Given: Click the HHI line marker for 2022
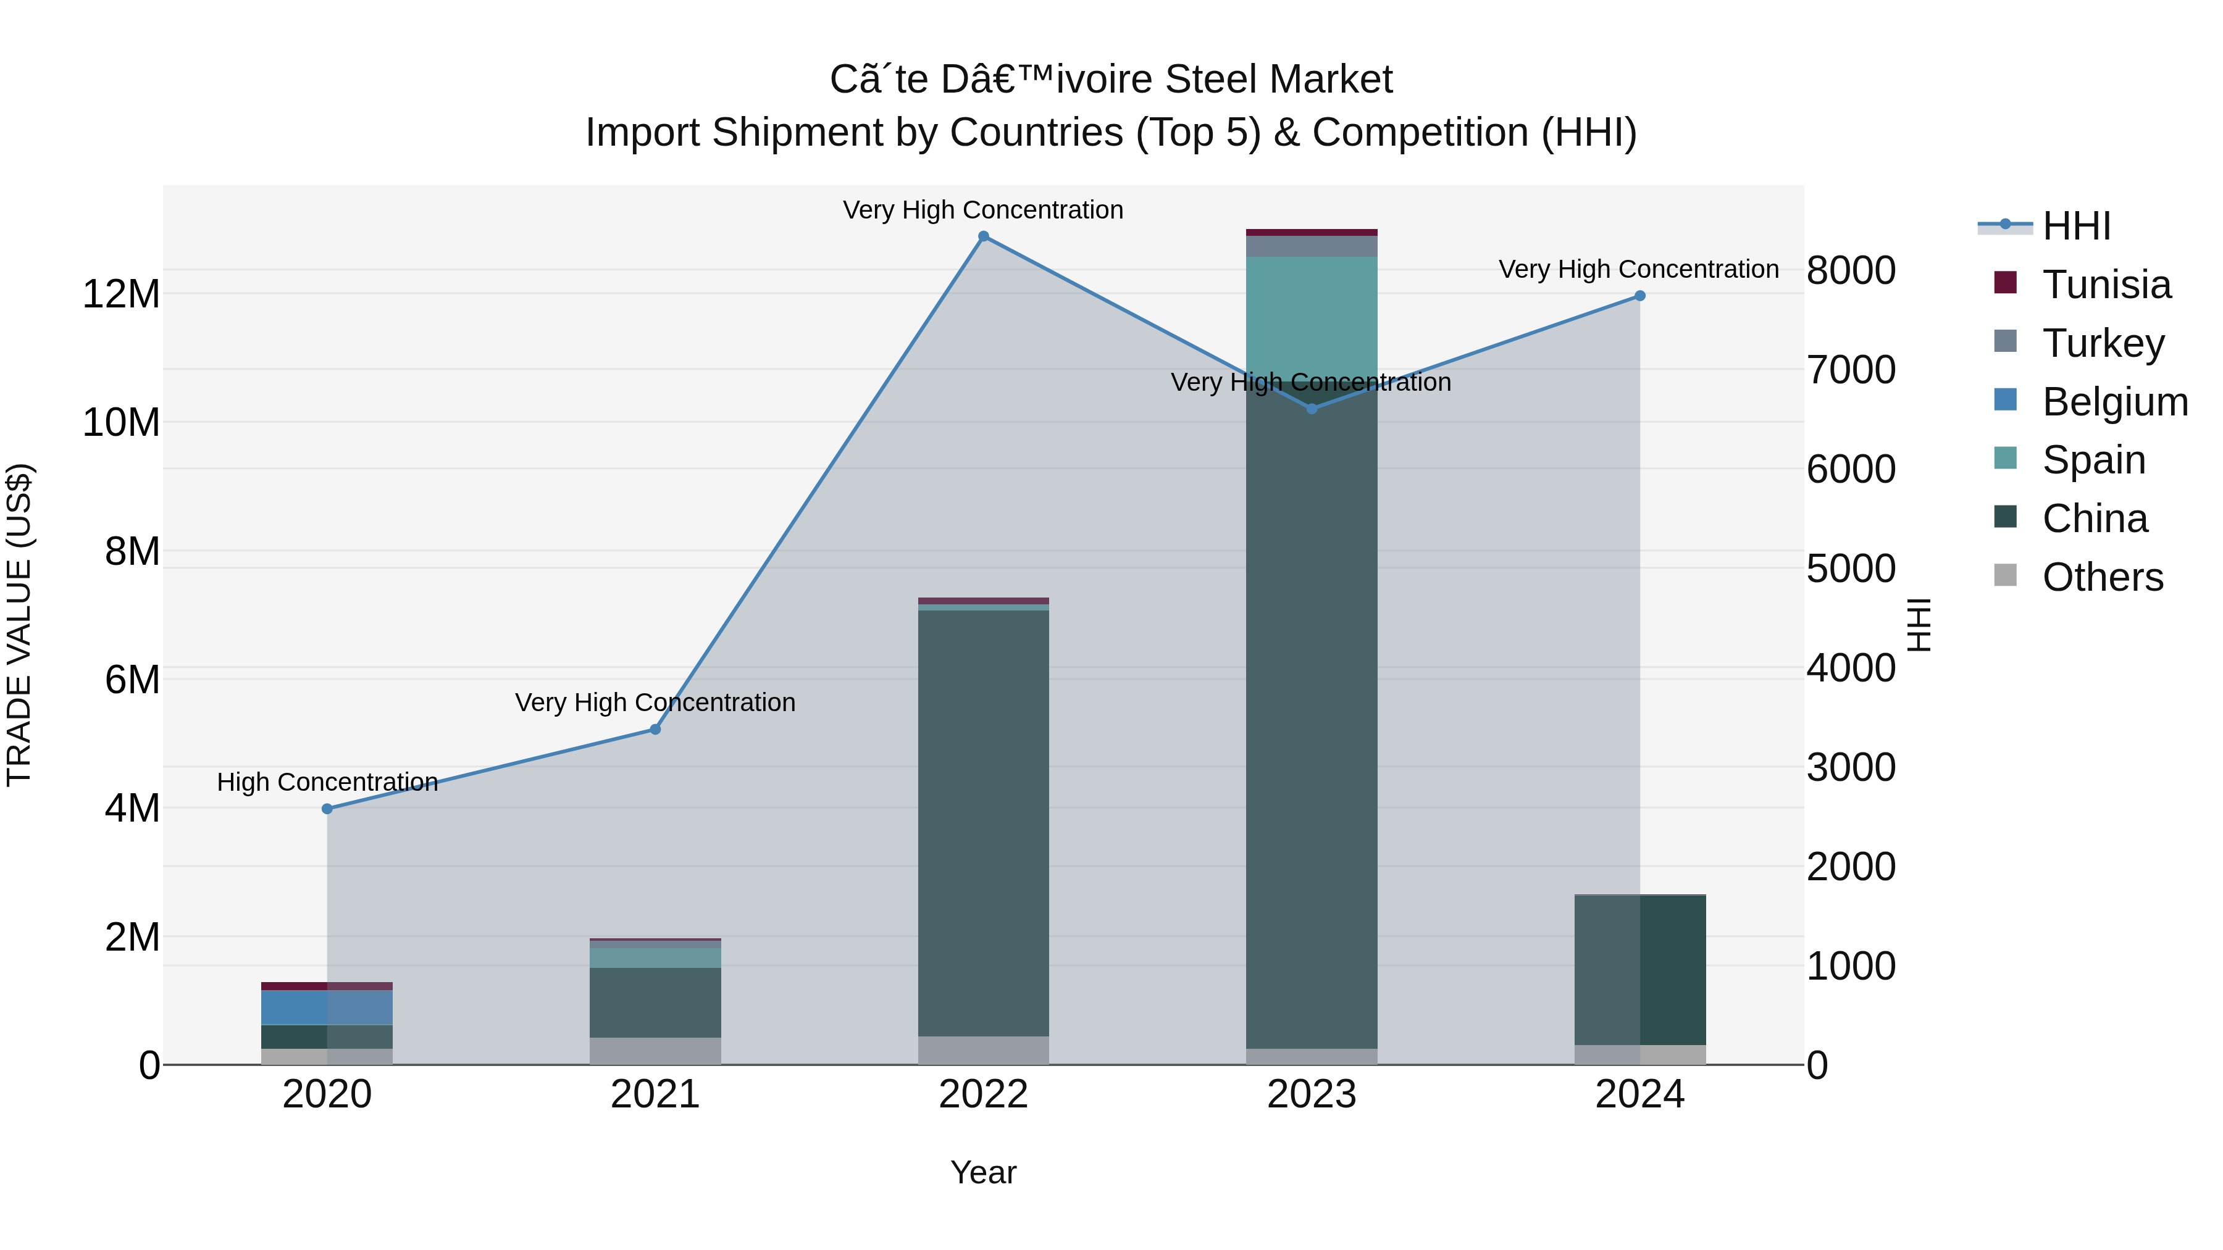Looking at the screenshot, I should coord(983,236).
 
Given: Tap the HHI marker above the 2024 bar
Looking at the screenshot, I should coord(1639,296).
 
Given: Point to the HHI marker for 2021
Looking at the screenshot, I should coord(655,730).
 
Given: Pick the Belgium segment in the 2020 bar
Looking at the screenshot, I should coord(327,1007).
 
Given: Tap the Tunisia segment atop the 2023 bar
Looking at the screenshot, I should coord(1312,232).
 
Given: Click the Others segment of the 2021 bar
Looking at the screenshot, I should coord(655,1051).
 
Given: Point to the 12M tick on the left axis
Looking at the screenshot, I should coord(121,294).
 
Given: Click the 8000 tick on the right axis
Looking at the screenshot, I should coord(1851,270).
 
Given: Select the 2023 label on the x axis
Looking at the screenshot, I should coord(1312,1094).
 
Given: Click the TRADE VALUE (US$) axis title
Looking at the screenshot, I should coord(19,625).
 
